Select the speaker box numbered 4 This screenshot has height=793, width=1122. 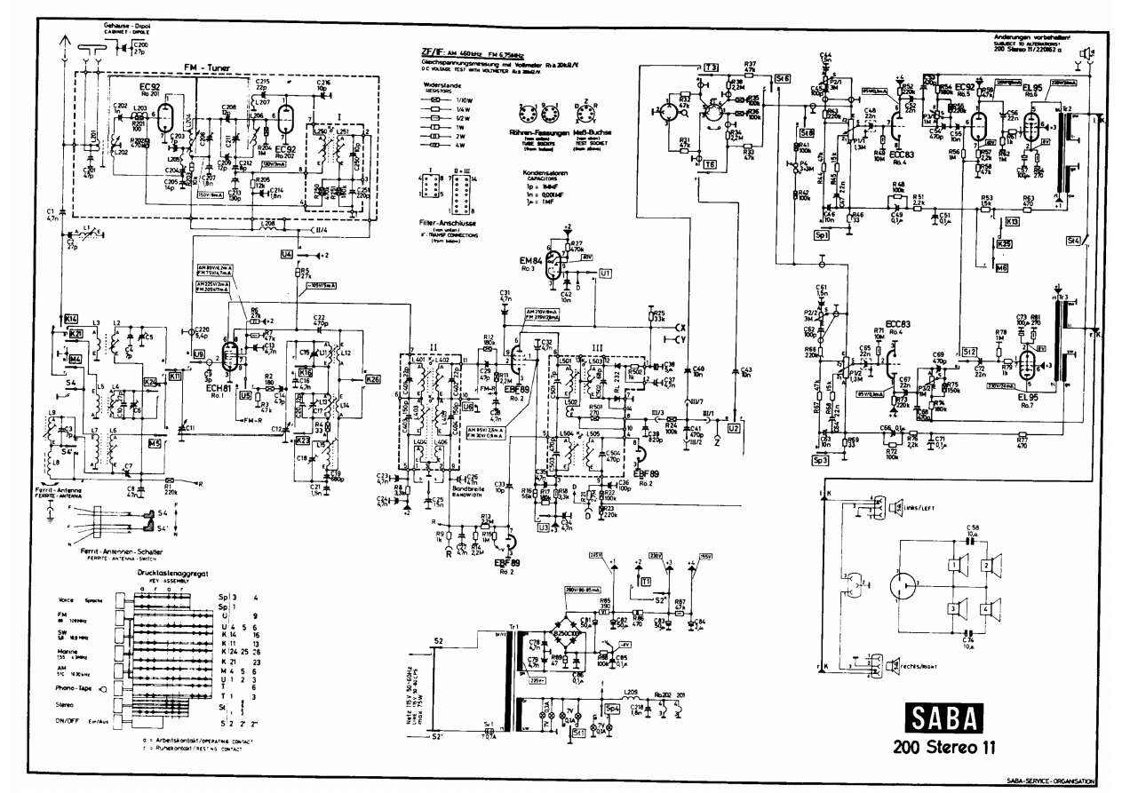click(984, 609)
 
